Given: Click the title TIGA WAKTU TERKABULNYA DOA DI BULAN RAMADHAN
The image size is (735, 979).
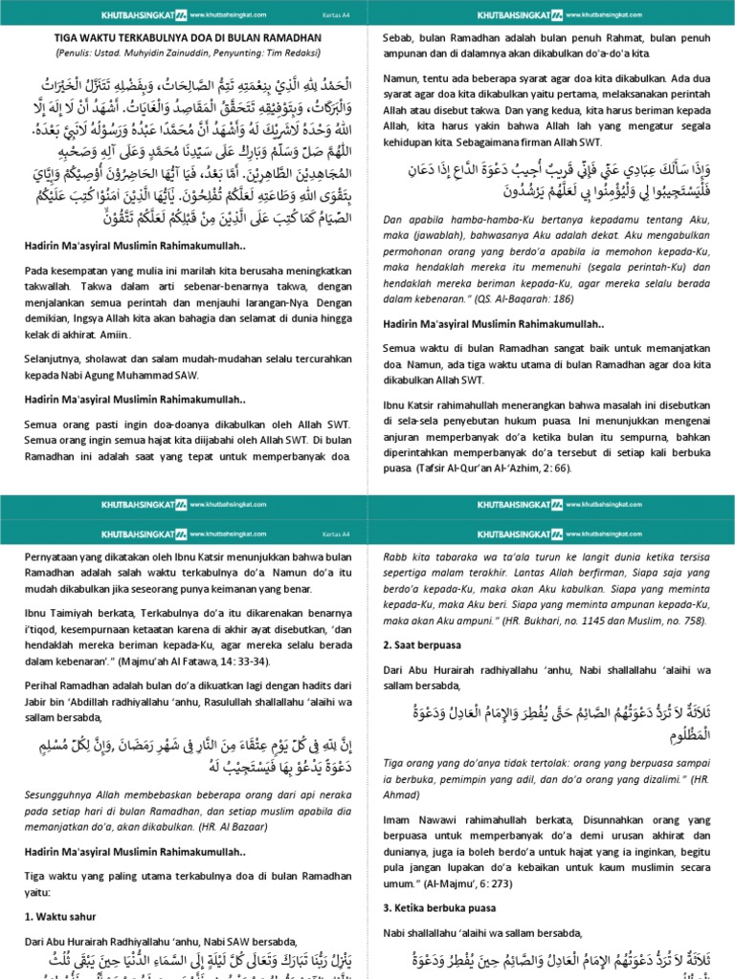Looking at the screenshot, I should coord(184,37).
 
